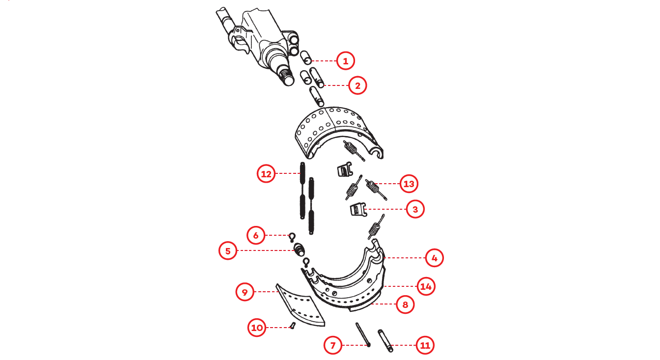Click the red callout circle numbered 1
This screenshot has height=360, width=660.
[x=345, y=61]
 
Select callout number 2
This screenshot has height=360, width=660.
[x=357, y=85]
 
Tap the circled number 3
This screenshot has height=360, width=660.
[x=415, y=209]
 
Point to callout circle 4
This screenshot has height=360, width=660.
[x=434, y=258]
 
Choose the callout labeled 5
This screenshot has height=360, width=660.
[x=228, y=250]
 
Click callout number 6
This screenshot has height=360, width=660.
[x=256, y=235]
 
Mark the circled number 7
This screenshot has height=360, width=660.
[x=333, y=345]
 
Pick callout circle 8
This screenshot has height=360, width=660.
[x=405, y=305]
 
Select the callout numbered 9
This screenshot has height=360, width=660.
[x=245, y=292]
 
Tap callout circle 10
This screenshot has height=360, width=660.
[x=257, y=327]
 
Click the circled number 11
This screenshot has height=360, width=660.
[x=425, y=345]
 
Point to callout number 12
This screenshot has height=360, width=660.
[x=266, y=173]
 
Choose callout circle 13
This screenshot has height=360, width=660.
[x=409, y=184]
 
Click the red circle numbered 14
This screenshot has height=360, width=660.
[x=426, y=286]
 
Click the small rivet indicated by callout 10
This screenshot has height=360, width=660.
[x=293, y=326]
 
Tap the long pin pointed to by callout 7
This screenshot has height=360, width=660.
[x=363, y=334]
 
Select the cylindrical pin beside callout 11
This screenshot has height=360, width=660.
[x=385, y=340]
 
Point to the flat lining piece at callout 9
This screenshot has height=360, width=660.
[x=300, y=305]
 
